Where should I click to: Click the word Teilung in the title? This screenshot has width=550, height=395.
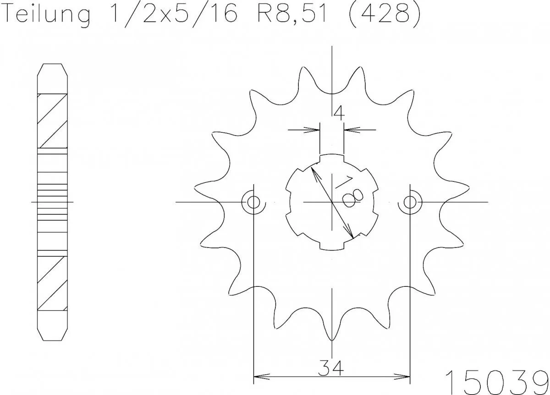click(46, 15)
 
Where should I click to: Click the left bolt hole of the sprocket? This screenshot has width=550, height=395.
click(253, 202)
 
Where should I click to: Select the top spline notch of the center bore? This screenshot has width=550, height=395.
click(331, 158)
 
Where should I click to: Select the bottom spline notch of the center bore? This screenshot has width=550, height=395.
click(331, 246)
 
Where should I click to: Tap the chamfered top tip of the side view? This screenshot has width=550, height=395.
click(52, 70)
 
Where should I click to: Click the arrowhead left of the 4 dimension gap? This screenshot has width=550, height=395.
click(314, 130)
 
